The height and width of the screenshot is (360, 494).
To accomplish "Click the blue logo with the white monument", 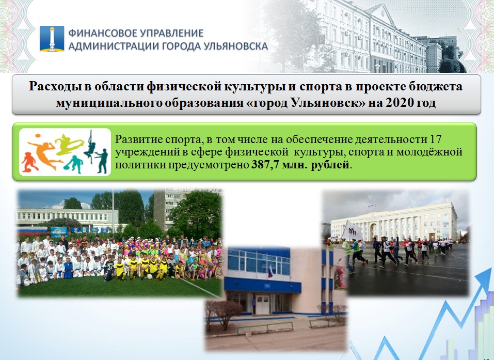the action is click(52, 38).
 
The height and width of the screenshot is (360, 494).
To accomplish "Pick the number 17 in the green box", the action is click(435, 139).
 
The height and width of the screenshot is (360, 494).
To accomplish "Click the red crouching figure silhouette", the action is click(29, 162).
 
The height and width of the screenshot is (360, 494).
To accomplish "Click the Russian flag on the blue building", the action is click(270, 272).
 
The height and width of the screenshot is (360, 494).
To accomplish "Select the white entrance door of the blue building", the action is click(262, 305).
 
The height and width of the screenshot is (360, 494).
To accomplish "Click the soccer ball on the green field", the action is click(150, 276).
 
